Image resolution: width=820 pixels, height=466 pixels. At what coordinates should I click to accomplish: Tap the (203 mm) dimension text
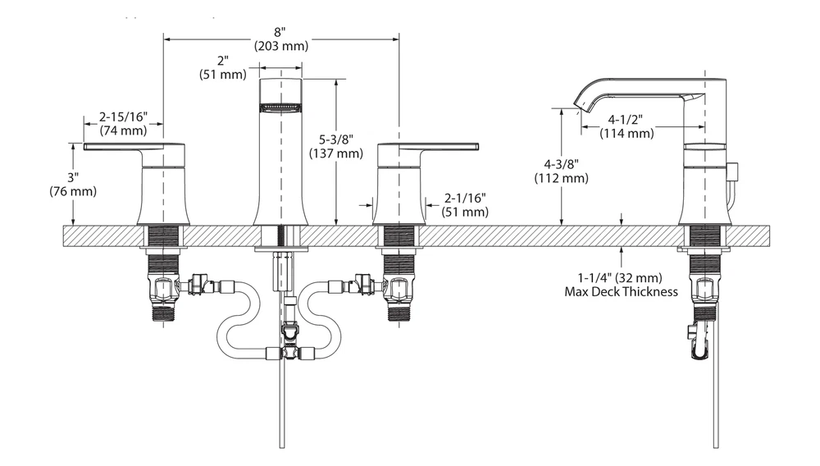(280, 46)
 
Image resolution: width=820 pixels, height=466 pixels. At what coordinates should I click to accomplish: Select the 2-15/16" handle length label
(122, 116)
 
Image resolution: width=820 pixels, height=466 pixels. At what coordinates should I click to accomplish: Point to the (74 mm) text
(122, 130)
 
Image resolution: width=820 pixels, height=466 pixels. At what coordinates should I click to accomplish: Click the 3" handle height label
(73, 178)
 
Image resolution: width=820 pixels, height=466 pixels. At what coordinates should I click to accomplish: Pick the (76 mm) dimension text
(73, 191)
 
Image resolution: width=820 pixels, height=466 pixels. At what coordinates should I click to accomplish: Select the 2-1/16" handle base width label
(466, 198)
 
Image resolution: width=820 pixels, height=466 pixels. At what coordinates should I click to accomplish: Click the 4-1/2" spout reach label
(626, 120)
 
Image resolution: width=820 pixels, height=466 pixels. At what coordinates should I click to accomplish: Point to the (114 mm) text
(626, 133)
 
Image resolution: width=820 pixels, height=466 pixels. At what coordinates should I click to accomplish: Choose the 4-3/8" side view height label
(561, 164)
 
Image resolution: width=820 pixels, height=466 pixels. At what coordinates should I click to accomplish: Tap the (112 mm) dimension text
(561, 177)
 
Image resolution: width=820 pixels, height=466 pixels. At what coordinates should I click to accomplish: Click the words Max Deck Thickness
(622, 291)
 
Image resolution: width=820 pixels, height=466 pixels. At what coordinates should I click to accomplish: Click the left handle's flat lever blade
(115, 147)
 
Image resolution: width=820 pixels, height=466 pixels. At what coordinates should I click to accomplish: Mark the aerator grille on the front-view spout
(280, 105)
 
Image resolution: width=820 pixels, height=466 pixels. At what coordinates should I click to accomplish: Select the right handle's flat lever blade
(447, 147)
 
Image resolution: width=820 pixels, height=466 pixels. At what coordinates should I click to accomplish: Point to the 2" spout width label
(222, 62)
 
